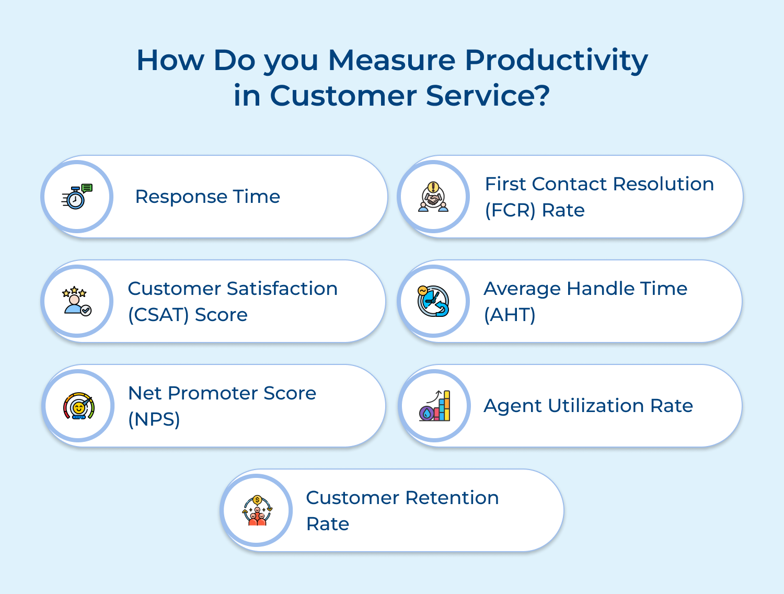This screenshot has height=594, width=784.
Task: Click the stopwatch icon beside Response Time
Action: [x=77, y=197]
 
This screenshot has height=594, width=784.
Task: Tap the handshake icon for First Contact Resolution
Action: [x=433, y=197]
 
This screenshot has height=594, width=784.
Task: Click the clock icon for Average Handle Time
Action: [x=433, y=301]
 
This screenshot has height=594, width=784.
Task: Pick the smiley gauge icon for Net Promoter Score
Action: [x=78, y=406]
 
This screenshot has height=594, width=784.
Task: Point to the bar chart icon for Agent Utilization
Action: [x=435, y=406]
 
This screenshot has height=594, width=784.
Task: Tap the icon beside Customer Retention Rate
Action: [x=257, y=510]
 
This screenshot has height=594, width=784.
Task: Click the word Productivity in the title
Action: [x=556, y=60]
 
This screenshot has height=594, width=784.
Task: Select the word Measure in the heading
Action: [x=391, y=60]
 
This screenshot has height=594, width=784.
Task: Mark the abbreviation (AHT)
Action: [x=510, y=315]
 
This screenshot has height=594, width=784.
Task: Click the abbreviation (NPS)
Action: [x=154, y=419]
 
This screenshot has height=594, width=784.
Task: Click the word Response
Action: [x=181, y=197]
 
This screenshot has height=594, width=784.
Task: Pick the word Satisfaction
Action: [x=282, y=289]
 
